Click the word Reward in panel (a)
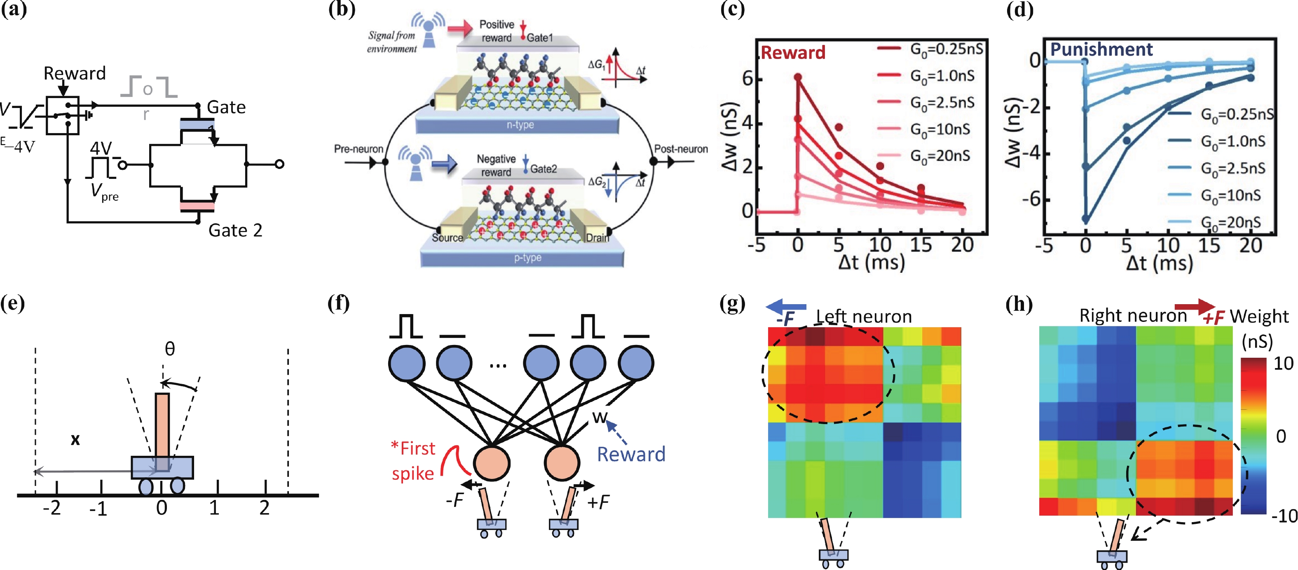[75, 74]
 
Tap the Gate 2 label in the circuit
[235, 230]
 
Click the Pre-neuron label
[358, 149]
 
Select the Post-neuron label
[681, 149]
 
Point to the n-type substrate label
[520, 124]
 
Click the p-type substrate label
[527, 258]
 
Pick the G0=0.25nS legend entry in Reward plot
[946, 49]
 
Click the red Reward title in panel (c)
[793, 52]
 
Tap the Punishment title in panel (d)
[1101, 49]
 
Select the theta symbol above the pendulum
[170, 349]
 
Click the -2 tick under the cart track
[52, 508]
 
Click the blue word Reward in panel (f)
[631, 455]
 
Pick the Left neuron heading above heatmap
[864, 317]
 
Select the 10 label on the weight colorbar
[1283, 364]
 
